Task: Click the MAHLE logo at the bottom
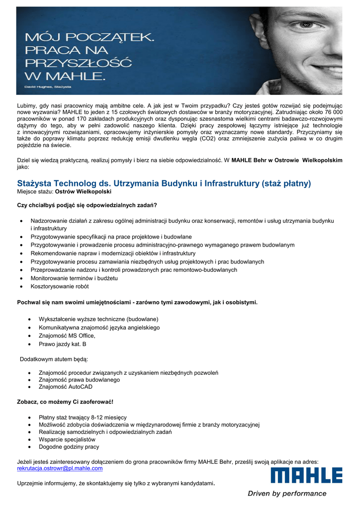click(306, 475)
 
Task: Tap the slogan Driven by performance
click(287, 494)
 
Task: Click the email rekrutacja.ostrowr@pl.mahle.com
click(60, 468)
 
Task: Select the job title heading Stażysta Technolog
click(164, 183)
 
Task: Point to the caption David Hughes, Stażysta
click(48, 87)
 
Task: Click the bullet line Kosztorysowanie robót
click(60, 287)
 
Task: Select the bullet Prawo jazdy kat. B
click(63, 344)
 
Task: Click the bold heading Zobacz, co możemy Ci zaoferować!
click(65, 401)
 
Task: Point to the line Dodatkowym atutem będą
click(53, 359)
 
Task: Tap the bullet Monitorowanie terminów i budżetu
click(74, 278)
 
